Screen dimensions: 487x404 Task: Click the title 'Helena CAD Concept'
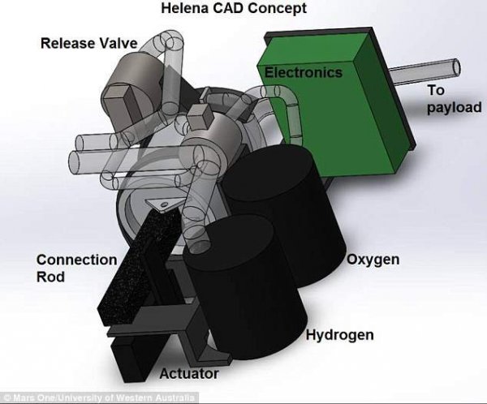(234, 8)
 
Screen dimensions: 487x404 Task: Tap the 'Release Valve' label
(88, 43)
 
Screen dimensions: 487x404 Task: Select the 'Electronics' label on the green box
(303, 72)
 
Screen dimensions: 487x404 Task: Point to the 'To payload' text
(454, 99)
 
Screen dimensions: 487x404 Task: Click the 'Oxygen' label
(373, 260)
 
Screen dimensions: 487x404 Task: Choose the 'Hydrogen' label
(340, 335)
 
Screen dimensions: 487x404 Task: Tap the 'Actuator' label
(189, 373)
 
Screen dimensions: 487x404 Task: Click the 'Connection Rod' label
(77, 268)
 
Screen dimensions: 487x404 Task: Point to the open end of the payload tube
(456, 67)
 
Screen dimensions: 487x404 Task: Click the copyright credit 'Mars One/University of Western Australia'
(101, 398)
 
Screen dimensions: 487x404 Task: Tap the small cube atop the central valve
(200, 117)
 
